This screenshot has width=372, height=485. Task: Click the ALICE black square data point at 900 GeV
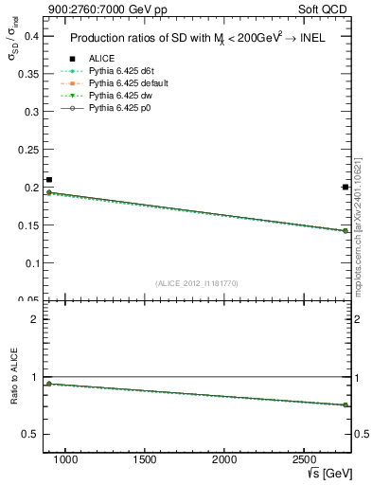(x=49, y=180)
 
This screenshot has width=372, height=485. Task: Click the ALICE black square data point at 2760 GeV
(x=345, y=188)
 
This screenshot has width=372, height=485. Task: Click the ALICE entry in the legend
(x=101, y=59)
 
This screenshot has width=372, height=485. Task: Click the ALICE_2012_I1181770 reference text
(x=196, y=283)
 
